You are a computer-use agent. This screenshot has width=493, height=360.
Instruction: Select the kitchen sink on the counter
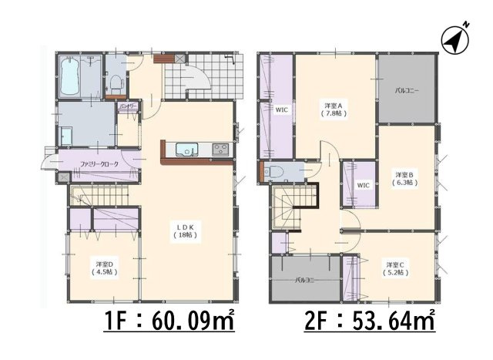point(186,149)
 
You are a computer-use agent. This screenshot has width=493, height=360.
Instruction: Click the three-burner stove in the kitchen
point(220,148)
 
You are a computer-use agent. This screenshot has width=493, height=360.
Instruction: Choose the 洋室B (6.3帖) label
point(405,179)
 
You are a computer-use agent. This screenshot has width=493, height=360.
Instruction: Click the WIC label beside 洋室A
point(282,110)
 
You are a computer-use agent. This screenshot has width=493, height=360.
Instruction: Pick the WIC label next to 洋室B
point(364,185)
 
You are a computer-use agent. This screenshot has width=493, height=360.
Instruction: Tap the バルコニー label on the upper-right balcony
point(407,91)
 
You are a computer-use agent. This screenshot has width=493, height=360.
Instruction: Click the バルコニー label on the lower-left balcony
point(305,281)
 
